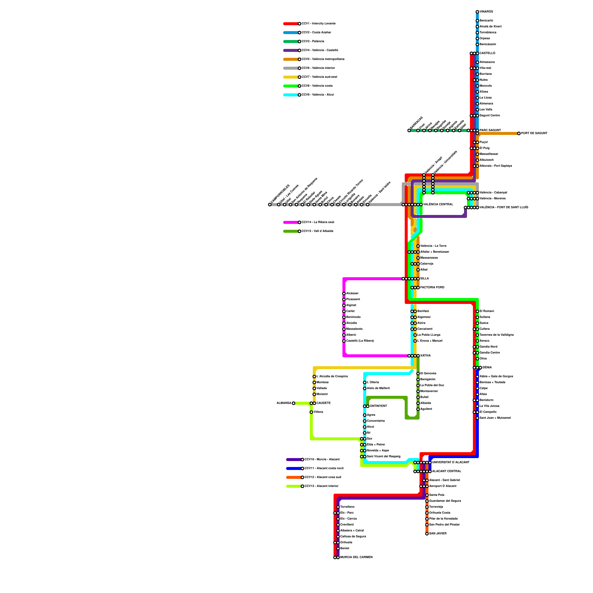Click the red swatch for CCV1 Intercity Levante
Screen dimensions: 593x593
(291, 24)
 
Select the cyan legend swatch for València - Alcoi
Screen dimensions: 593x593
(291, 95)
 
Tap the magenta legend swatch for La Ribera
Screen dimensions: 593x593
(291, 222)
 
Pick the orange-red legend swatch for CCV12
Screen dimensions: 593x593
(294, 477)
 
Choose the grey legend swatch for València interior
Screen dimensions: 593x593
(291, 68)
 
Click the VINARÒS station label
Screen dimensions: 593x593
(486, 12)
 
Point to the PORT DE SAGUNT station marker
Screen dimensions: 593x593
(519, 133)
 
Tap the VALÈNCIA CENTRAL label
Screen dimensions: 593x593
(438, 205)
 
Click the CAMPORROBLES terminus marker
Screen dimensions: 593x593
(270, 205)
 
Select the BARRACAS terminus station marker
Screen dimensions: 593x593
(409, 130)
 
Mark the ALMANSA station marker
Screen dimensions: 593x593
(294, 403)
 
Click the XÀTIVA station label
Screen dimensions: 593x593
(425, 356)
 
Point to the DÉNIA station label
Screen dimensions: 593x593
(487, 368)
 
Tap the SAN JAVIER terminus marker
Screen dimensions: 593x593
(427, 534)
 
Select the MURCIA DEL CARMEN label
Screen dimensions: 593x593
(356, 557)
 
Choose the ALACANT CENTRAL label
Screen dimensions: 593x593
(447, 471)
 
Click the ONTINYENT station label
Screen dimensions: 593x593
(378, 406)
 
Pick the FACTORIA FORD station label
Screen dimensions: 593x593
(432, 288)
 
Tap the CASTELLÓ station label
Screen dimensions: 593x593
(487, 53)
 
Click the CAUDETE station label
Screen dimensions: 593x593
(324, 403)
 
